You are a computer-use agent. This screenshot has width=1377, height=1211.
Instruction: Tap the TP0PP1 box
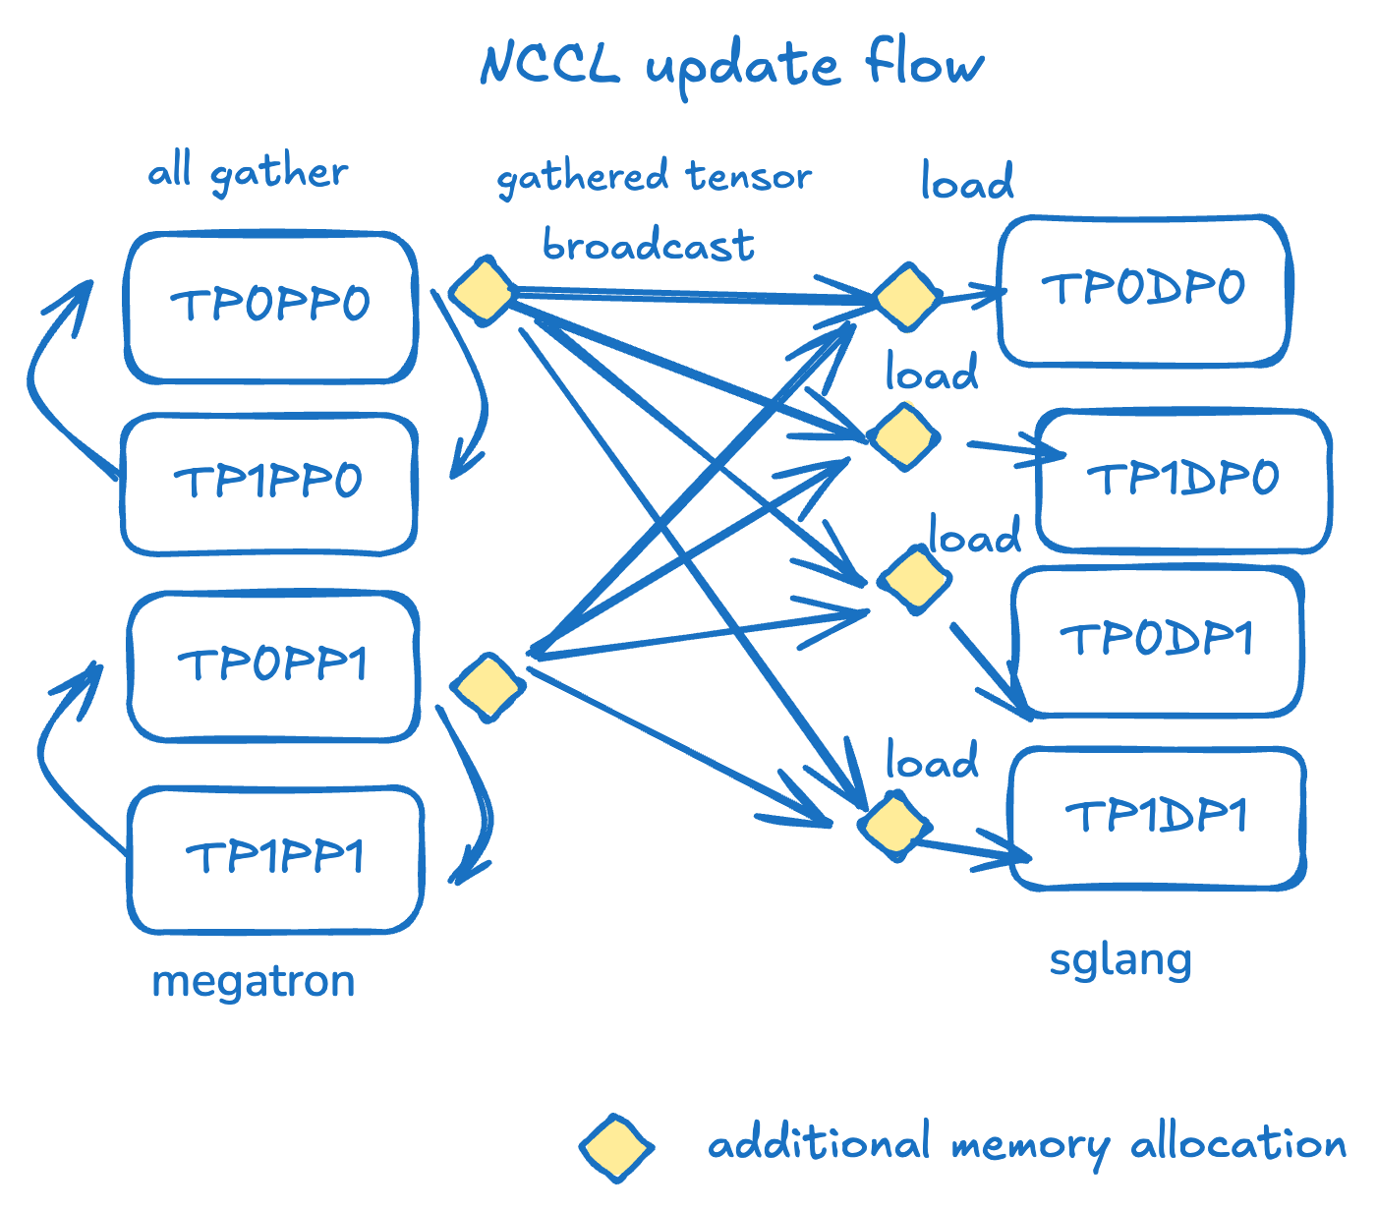[272, 665]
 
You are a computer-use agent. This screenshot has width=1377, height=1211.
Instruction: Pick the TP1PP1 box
[275, 858]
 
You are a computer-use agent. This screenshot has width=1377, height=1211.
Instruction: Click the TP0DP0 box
[1143, 290]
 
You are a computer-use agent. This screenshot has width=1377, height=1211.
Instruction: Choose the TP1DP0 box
[1183, 480]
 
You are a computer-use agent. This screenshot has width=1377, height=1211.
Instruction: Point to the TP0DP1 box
[1157, 640]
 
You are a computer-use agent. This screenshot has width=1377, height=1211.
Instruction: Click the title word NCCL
[550, 65]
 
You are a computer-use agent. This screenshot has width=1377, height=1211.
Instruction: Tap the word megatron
[254, 982]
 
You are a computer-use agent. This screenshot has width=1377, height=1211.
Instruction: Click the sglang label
[1120, 960]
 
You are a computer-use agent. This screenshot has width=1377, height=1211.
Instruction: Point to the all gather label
[248, 174]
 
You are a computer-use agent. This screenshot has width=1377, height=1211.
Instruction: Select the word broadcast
[649, 245]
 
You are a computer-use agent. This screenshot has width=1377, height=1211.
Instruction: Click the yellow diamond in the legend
[616, 1147]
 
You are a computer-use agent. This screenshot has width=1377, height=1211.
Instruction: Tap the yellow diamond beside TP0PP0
[483, 291]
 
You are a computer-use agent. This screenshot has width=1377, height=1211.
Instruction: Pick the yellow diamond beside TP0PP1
[488, 686]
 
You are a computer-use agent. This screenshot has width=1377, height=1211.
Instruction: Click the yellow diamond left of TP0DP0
[906, 296]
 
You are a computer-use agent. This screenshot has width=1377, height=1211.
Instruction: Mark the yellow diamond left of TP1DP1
[893, 827]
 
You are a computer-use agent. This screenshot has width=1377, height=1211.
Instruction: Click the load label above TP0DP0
[967, 183]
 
